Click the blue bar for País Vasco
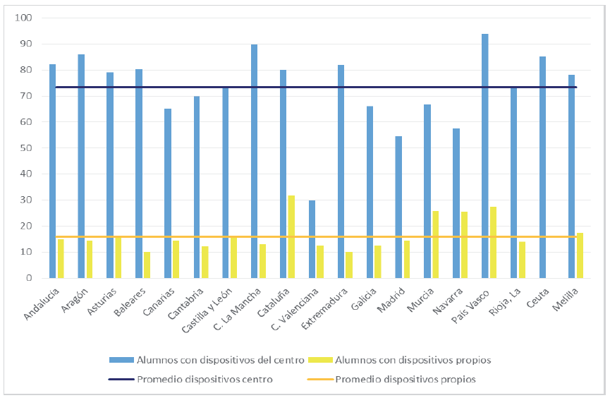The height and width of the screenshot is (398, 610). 485,156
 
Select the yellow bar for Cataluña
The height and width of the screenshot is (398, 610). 291,236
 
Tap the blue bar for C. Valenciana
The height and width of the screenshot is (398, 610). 312,239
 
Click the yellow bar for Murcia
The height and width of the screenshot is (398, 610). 436,244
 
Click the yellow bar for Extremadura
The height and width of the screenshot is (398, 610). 349,265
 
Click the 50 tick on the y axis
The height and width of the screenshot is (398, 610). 28,148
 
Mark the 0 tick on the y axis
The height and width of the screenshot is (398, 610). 30,278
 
